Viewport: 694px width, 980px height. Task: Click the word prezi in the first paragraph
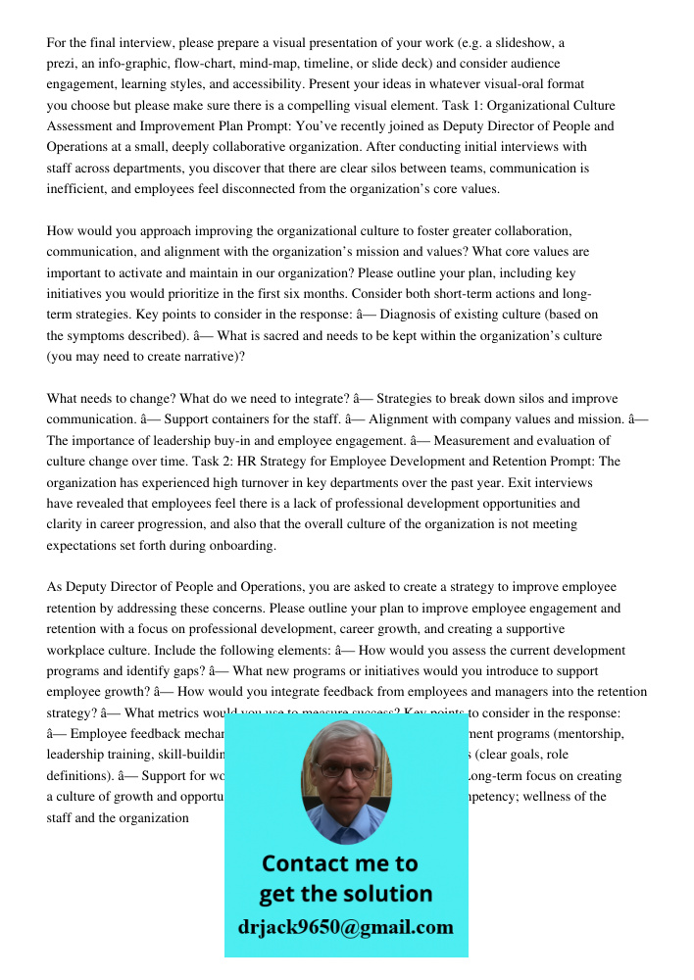pyautogui.click(x=61, y=64)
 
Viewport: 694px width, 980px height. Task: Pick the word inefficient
pyautogui.click(x=78, y=189)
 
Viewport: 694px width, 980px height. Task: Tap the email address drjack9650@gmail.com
pyautogui.click(x=346, y=927)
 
